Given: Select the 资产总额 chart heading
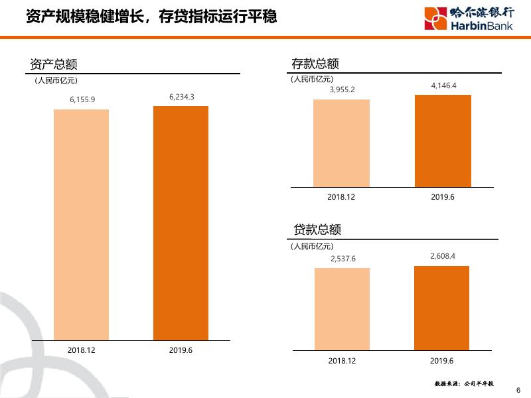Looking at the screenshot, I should coord(54,64).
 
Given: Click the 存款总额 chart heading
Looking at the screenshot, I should coord(315,64).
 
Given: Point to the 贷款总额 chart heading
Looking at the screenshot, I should coord(317,230).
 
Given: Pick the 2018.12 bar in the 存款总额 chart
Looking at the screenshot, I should coord(342,143).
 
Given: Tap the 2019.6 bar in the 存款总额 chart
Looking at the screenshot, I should coord(443,141).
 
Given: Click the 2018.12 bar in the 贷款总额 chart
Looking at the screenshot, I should coord(342,308).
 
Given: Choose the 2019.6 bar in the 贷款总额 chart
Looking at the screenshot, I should coord(441,308).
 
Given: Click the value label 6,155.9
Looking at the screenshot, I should coord(82,99).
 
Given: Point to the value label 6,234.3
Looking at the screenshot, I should coord(181,96).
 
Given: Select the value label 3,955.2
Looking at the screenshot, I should coord(342,90).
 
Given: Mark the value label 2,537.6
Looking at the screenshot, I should coord(342,258).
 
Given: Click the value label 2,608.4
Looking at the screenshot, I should coord(443,256).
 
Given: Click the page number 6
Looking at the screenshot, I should coord(518,390).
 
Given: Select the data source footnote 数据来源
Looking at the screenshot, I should coord(468,383).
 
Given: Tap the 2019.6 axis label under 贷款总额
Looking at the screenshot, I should coord(441,360).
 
